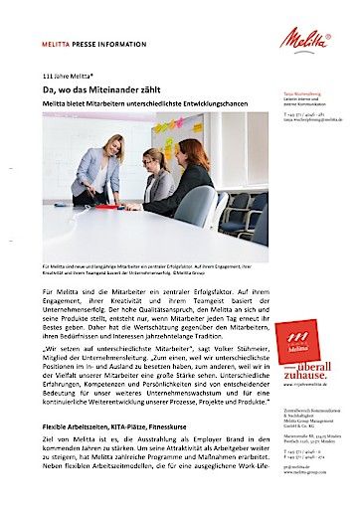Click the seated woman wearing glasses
(x=156, y=179)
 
